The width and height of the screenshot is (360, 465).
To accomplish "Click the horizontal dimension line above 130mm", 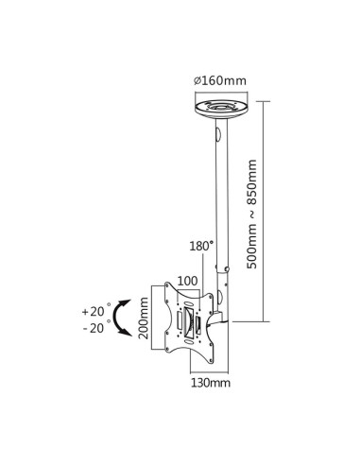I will [209, 370].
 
